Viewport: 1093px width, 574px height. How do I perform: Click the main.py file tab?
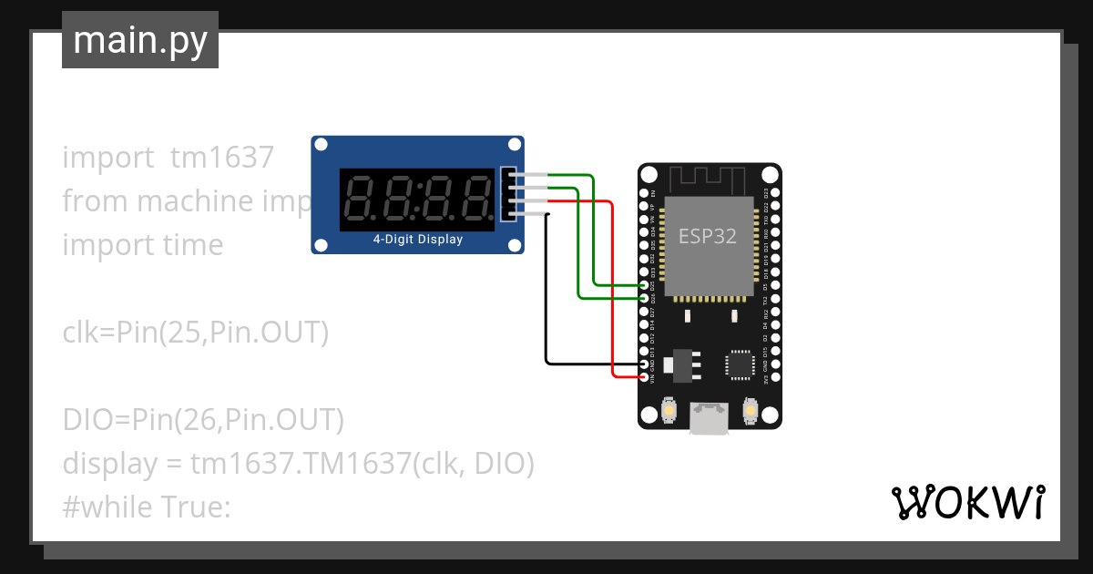point(140,40)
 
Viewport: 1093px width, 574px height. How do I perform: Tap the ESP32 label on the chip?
point(708,235)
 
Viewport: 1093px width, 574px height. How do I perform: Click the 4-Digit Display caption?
point(417,240)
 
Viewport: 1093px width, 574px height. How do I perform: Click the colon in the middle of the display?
point(419,199)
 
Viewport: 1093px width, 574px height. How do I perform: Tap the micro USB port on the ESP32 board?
point(709,418)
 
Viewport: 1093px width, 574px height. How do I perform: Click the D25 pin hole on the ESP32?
point(645,285)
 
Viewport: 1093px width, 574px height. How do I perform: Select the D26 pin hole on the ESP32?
point(645,298)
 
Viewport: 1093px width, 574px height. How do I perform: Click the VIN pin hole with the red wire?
point(645,376)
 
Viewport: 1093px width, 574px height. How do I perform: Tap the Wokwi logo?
point(967,502)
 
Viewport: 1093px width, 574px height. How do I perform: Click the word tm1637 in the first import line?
point(221,158)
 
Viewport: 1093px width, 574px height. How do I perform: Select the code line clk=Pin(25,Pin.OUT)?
point(195,333)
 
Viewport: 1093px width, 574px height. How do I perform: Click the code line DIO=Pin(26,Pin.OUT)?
point(203,420)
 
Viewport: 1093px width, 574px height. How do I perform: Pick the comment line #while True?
point(146,507)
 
